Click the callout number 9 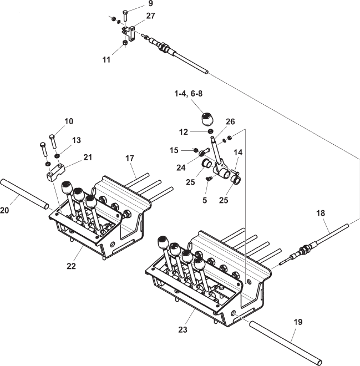pyautogui.click(x=150, y=4)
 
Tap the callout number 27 pyautogui.click(x=151, y=16)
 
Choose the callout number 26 pyautogui.click(x=230, y=121)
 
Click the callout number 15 pyautogui.click(x=174, y=150)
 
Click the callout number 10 pyautogui.click(x=69, y=121)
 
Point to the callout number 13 pyautogui.click(x=76, y=140)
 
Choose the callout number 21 pyautogui.click(x=88, y=158)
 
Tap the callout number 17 pyautogui.click(x=129, y=159)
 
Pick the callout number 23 pyautogui.click(x=184, y=330)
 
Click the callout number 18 pyautogui.click(x=321, y=213)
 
